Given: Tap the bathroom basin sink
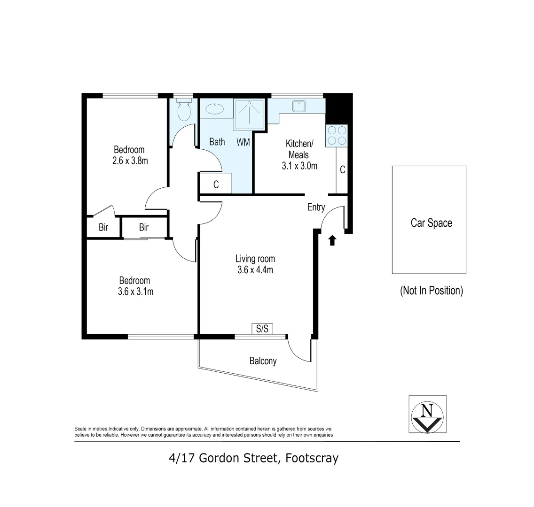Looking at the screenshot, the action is [x=214, y=109].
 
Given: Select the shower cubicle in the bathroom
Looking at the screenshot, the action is [x=249, y=115].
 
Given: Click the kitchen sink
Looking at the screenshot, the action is [x=299, y=106].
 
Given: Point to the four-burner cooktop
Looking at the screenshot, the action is [x=337, y=135].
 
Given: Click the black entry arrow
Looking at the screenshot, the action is [x=332, y=240].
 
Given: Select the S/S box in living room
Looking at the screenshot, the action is [x=262, y=329].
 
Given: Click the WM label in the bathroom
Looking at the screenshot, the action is [x=243, y=142].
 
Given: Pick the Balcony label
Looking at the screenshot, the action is [x=263, y=361].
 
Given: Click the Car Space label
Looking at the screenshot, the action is [x=432, y=223].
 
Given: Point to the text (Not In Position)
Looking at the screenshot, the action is [x=432, y=291].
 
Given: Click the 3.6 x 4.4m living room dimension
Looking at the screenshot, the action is [x=255, y=270].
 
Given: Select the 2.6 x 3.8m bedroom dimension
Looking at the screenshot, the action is [x=130, y=161].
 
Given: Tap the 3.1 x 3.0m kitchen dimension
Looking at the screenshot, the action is [x=299, y=166].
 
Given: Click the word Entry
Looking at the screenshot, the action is [x=316, y=207].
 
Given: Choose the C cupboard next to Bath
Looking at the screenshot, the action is [x=216, y=184].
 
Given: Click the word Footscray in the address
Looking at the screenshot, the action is [x=312, y=458].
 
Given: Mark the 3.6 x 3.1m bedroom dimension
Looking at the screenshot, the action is [x=135, y=292].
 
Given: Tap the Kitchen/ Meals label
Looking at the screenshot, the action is [x=299, y=149].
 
